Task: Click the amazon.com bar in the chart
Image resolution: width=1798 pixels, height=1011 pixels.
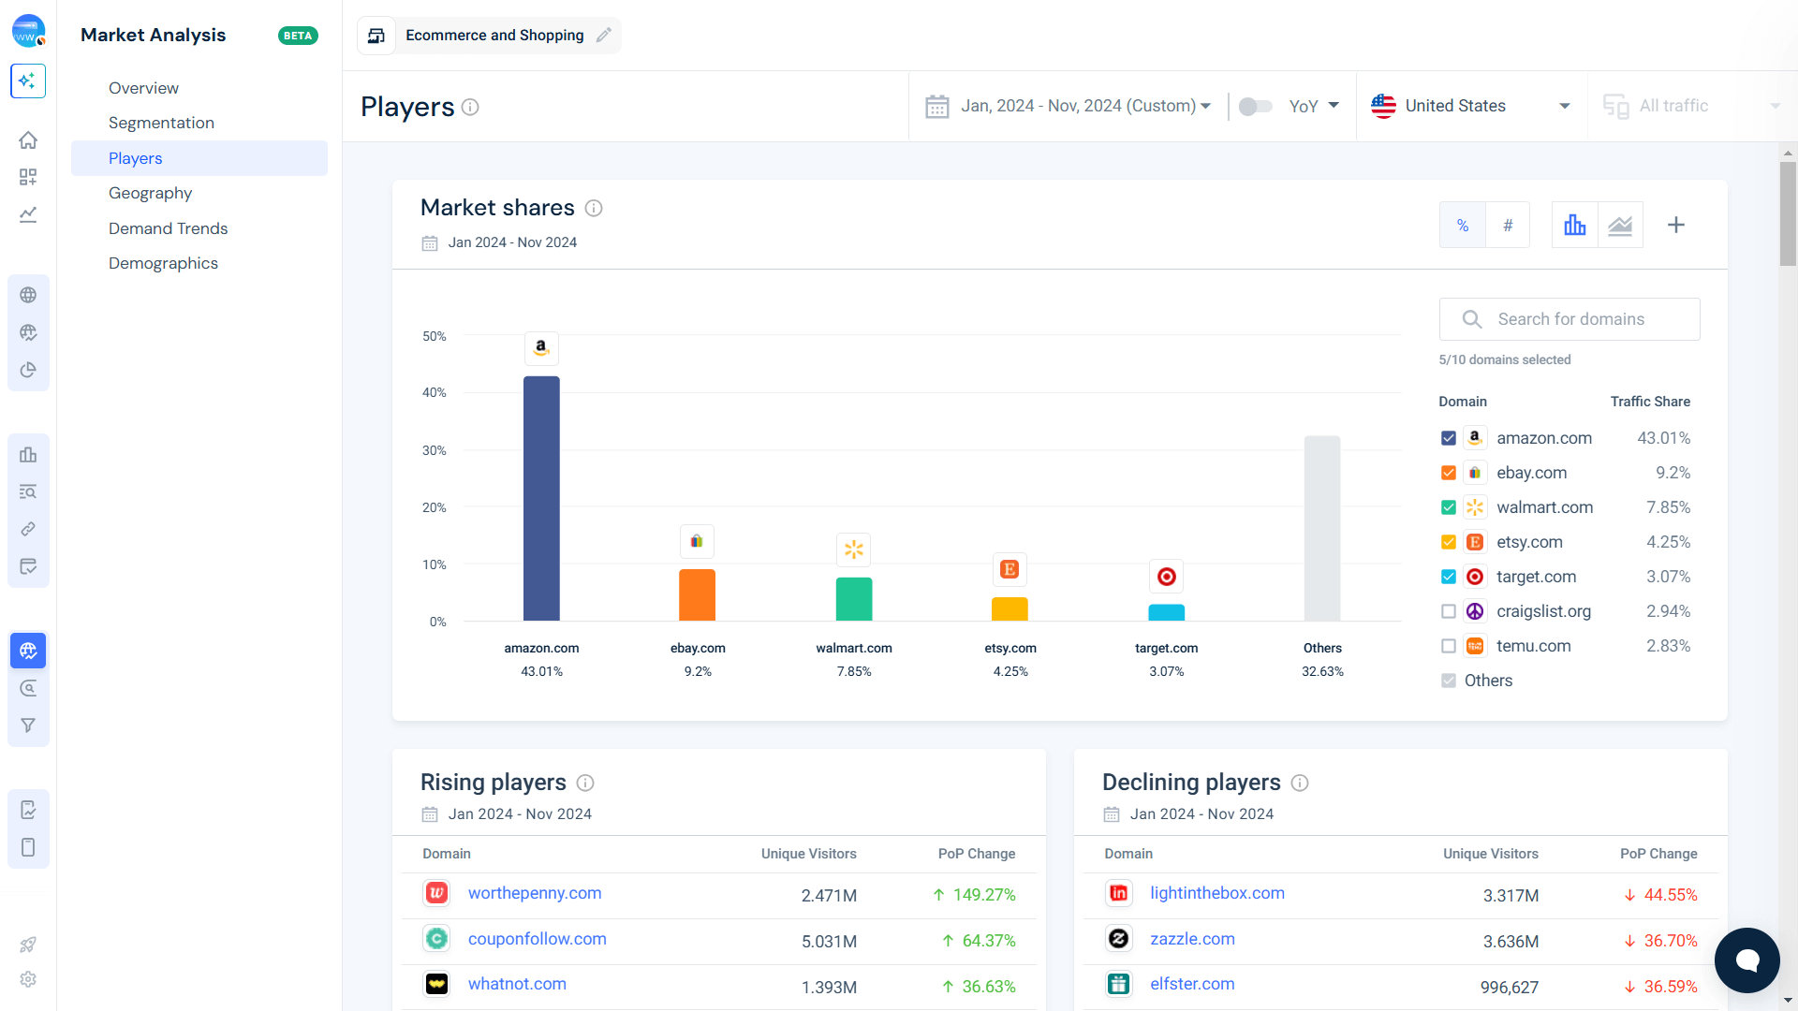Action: coord(541,498)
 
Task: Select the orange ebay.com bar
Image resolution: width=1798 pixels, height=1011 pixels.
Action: coord(697,594)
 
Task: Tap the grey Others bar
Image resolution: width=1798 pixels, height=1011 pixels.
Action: coord(1322,528)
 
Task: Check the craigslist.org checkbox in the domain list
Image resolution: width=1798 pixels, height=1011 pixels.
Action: coord(1449,611)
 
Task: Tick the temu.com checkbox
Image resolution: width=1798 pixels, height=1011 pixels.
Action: coord(1449,646)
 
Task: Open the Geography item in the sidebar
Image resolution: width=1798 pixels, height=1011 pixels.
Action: coord(150,193)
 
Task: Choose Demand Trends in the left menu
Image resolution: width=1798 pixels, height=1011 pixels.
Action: coord(168,228)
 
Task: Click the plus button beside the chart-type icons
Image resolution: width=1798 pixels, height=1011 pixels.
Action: coord(1676,225)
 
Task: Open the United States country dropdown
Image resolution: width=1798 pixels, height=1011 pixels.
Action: coord(1471,106)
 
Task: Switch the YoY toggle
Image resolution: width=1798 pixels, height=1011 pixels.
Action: coord(1255,106)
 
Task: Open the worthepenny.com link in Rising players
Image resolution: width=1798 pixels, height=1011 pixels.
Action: coord(535,893)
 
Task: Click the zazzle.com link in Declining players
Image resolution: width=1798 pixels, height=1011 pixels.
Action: coord(1192,939)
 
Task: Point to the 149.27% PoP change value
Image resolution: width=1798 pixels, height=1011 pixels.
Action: coord(983,895)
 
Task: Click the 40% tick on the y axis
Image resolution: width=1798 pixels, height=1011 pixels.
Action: coord(434,392)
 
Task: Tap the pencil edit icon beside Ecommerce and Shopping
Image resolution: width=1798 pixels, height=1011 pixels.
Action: coord(604,35)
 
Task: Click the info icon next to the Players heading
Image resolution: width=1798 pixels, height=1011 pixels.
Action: coord(470,107)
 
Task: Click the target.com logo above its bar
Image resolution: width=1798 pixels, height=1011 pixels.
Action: coord(1166,577)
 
